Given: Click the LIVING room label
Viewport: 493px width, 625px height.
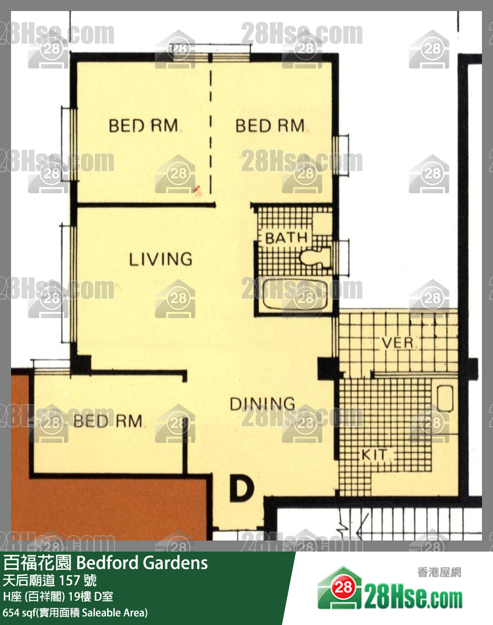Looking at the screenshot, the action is tap(161, 259).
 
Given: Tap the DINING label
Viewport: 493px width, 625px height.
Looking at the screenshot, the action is tap(262, 404).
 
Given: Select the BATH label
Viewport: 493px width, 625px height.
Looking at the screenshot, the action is tap(286, 238).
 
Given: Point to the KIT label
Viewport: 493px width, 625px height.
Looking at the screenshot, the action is tap(374, 454).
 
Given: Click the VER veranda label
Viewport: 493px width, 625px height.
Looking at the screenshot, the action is tap(397, 343).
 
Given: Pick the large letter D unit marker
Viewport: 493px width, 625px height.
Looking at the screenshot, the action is tap(241, 488).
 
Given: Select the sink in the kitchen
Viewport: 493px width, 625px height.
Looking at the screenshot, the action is tap(444, 398).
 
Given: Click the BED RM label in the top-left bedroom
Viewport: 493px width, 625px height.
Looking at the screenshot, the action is tap(143, 126).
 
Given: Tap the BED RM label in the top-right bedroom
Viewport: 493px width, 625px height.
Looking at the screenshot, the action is tap(270, 126).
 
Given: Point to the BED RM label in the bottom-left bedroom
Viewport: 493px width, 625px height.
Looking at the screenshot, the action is tap(108, 421).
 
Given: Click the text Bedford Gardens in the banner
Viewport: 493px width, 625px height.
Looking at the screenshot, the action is tap(142, 563).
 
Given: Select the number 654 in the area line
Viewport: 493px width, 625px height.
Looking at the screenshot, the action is tap(10, 612).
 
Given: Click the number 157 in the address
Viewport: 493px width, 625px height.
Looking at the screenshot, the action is tap(72, 580).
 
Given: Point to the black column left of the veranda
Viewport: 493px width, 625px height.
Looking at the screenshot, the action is tap(328, 368).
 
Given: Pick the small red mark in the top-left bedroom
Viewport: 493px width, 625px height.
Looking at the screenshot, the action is tap(197, 190).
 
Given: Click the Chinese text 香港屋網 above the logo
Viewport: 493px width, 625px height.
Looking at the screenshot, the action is tap(439, 573).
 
